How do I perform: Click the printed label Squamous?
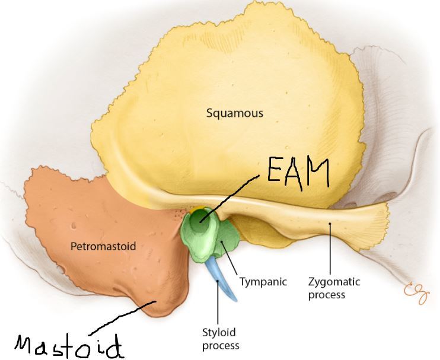pyautogui.click(x=235, y=113)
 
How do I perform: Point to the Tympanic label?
pyautogui.click(x=263, y=282)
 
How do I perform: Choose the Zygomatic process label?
pyautogui.click(x=334, y=288)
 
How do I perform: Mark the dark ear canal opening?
pyautogui.click(x=202, y=222)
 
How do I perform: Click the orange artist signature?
pyautogui.click(x=415, y=291)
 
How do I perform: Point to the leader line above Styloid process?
pyautogui.click(x=219, y=305)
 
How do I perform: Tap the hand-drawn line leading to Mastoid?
pyautogui.click(x=122, y=317)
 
